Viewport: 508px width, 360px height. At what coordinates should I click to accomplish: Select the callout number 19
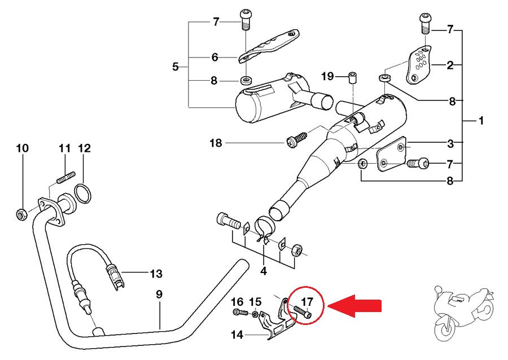328,76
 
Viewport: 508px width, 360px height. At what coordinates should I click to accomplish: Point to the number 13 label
156,274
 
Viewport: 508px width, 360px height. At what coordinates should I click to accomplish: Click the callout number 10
22,148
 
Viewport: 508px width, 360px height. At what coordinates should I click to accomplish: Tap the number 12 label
84,148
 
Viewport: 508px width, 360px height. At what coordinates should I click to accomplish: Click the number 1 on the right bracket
481,120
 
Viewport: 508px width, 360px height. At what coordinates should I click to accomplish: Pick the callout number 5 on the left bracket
176,67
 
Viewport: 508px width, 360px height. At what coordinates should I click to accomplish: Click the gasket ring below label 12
84,194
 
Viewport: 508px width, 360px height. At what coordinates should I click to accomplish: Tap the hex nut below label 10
20,214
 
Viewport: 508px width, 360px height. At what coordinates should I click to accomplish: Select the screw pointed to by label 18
296,139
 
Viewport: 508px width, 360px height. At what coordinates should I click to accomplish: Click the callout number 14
237,335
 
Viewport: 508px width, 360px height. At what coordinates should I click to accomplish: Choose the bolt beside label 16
240,311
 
